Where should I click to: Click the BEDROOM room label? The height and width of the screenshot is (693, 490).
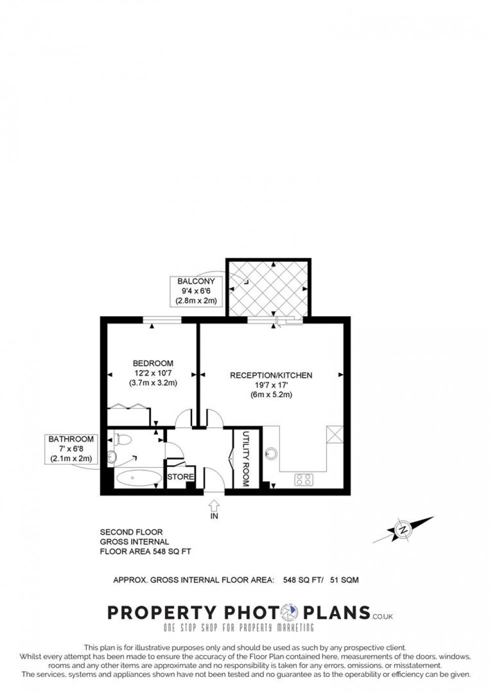(153, 363)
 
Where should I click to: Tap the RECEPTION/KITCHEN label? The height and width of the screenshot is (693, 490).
(271, 375)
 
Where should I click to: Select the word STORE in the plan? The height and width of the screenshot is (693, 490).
(181, 477)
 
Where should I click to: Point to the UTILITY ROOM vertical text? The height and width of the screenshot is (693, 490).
(246, 459)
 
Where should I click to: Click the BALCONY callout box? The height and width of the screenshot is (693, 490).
(196, 291)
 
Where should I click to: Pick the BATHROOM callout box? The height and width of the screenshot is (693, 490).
(71, 449)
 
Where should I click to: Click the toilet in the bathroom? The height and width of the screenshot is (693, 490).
(123, 439)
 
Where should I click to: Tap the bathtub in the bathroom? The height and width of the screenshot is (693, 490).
(138, 478)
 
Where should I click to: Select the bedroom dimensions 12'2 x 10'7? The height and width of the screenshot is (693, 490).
(153, 373)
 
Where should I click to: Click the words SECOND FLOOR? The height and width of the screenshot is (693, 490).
(131, 532)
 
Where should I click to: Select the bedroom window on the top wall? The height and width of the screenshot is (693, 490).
(162, 320)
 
